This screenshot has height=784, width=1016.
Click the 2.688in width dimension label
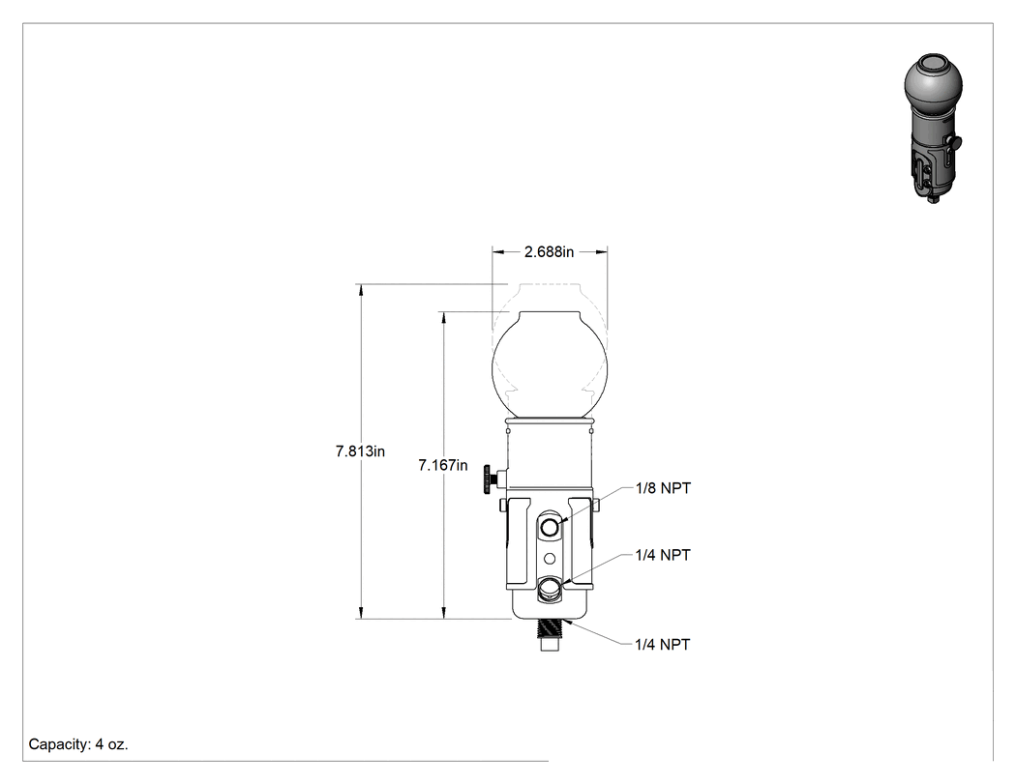549,252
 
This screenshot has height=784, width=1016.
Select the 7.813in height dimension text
360,451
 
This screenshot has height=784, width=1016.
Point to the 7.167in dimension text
442,465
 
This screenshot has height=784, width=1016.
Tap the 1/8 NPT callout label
663,488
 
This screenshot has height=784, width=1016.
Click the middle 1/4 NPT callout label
663,555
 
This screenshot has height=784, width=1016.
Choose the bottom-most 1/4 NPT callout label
663,644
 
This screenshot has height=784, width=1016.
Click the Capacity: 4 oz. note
78,744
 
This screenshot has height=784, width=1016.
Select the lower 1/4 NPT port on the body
550,589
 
